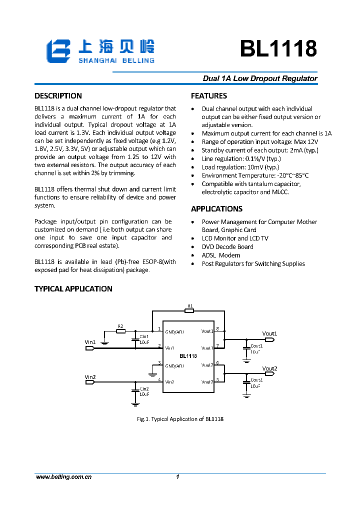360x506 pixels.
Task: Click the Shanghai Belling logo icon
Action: [58, 51]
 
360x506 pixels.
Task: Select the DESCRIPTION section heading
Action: [58, 96]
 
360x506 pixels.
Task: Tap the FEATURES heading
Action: [209, 96]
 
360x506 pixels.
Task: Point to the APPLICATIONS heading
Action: [216, 209]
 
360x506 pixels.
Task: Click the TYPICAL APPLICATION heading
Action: [73, 289]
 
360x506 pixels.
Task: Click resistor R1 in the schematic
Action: [189, 310]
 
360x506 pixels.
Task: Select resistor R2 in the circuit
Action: [120, 330]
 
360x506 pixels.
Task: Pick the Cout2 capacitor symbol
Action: [246, 381]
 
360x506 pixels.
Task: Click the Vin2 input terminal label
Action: [90, 376]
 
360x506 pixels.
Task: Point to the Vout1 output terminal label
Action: [269, 333]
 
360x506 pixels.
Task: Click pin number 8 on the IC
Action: [217, 328]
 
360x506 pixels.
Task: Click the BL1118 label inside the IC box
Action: [188, 355]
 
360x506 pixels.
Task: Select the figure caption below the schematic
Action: [180, 419]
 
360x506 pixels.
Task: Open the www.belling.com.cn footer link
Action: [63, 477]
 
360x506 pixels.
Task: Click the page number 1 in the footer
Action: [177, 477]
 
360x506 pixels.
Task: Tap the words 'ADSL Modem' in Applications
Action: [221, 255]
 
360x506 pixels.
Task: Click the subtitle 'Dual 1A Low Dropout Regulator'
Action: [260, 78]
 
